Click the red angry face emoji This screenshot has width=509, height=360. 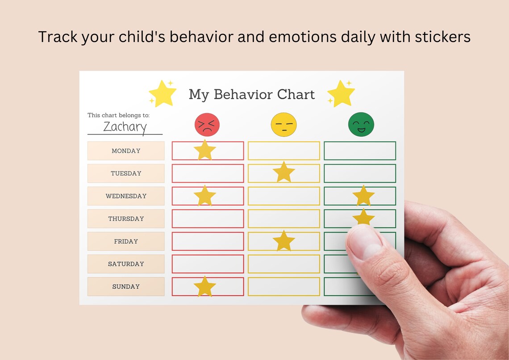click(x=207, y=124)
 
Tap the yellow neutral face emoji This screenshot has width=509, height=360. click(x=284, y=124)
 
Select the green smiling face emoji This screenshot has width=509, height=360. click(x=361, y=124)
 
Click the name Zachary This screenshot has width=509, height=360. click(x=125, y=126)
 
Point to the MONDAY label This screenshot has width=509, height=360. click(x=126, y=151)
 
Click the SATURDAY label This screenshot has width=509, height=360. click(x=126, y=264)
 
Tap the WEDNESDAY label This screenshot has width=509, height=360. click(x=126, y=196)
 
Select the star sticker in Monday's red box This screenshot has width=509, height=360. click(x=205, y=150)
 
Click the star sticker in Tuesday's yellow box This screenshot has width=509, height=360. click(x=284, y=172)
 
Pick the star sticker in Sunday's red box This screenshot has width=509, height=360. click(x=205, y=287)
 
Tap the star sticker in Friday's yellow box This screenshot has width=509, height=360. click(x=284, y=241)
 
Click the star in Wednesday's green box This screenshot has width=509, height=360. click(x=363, y=196)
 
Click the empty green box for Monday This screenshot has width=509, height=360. click(x=359, y=151)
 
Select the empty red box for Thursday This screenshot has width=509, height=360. click(x=208, y=219)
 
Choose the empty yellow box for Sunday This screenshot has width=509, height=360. click(x=284, y=287)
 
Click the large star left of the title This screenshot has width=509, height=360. click(x=162, y=93)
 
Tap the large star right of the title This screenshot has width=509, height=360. click(x=341, y=93)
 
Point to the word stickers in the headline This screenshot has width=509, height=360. click(x=442, y=37)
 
